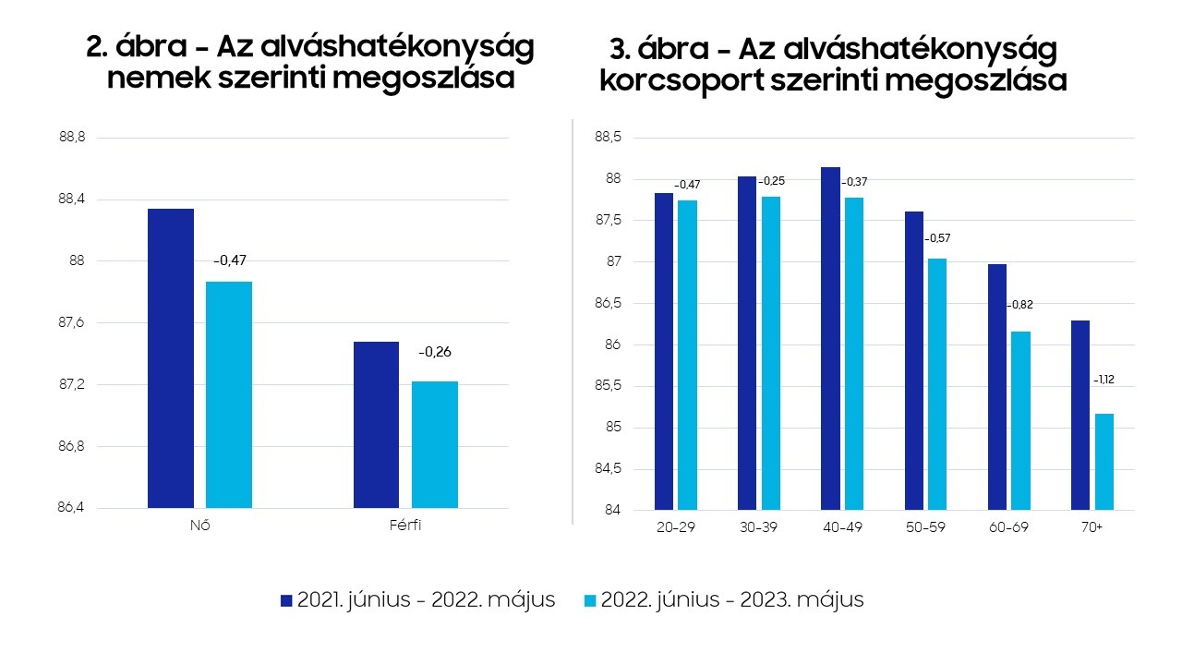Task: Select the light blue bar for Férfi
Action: (x=435, y=444)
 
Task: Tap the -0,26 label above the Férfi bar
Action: (x=435, y=352)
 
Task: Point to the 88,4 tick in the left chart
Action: (x=71, y=199)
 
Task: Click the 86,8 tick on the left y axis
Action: (x=71, y=446)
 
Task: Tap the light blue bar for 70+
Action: (x=1104, y=461)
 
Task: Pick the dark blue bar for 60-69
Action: (x=997, y=387)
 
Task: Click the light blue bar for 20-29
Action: (x=687, y=355)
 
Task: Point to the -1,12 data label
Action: (x=1104, y=380)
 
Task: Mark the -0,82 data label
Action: (x=1020, y=305)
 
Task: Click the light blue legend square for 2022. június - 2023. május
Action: (x=590, y=600)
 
